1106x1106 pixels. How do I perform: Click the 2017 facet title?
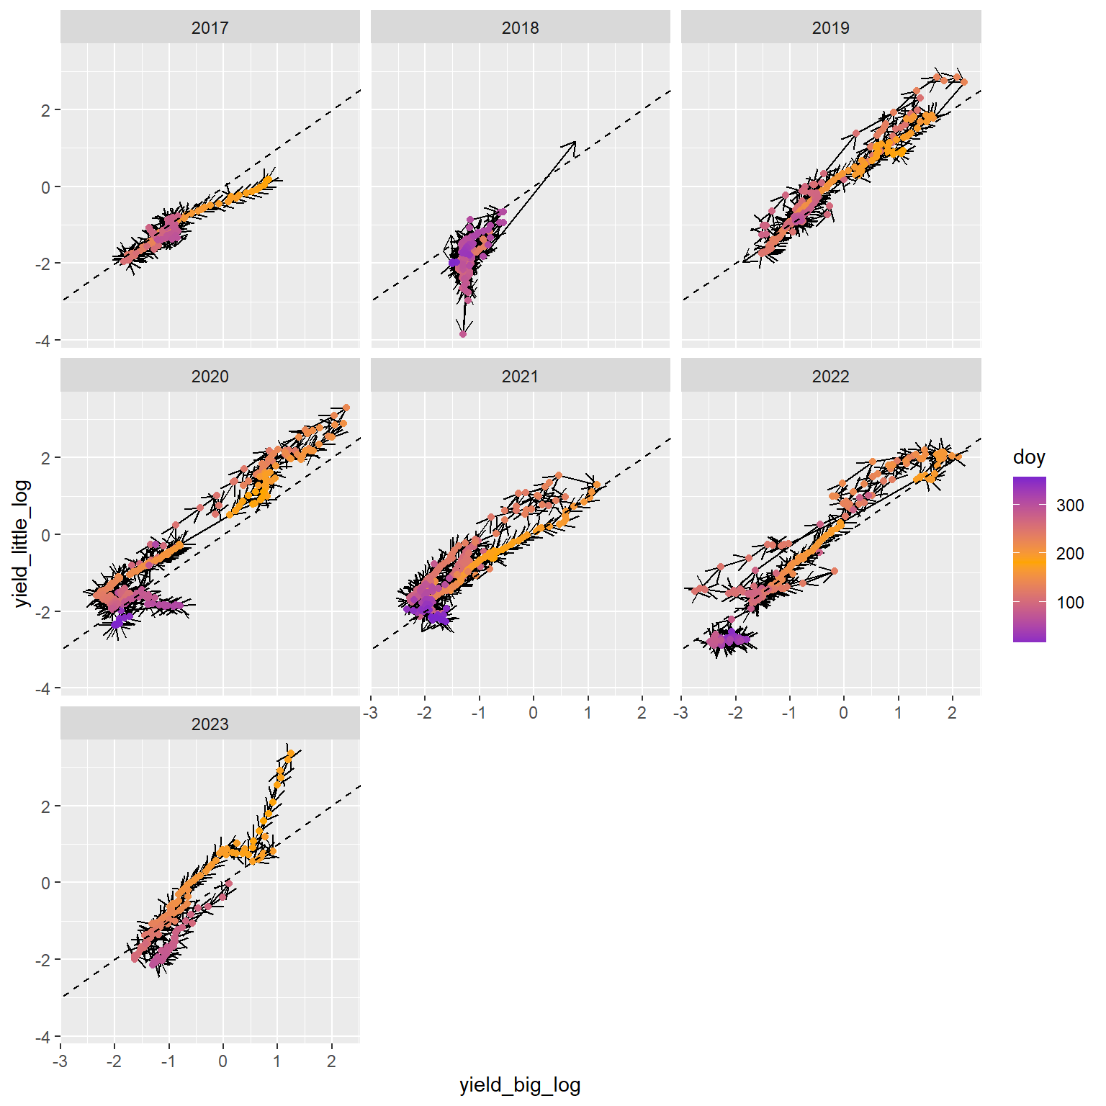(x=210, y=28)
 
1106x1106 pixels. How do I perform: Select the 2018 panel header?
(x=520, y=28)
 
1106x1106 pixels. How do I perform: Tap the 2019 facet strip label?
(x=830, y=28)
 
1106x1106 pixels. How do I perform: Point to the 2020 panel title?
(x=210, y=377)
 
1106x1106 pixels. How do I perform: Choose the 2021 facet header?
(x=520, y=377)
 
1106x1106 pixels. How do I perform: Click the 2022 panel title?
(x=830, y=377)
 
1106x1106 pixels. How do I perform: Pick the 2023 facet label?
(x=210, y=724)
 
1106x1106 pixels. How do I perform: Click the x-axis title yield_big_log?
(x=520, y=1085)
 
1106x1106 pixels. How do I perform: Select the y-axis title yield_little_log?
(x=22, y=544)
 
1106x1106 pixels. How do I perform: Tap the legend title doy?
(x=1028, y=457)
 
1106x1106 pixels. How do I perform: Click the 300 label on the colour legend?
(x=1070, y=505)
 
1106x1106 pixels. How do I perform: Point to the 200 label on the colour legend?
(x=1070, y=554)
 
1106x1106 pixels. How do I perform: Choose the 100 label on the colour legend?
(x=1070, y=603)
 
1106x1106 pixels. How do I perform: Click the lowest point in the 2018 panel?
(x=463, y=334)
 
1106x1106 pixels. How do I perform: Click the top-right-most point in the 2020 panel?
(x=346, y=408)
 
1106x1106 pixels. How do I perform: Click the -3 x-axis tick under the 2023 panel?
(x=60, y=1061)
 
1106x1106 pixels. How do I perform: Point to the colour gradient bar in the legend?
(x=1029, y=559)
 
